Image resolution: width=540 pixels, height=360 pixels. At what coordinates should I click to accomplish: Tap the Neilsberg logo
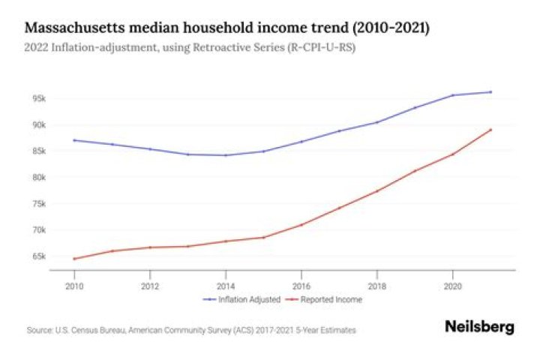click(x=480, y=328)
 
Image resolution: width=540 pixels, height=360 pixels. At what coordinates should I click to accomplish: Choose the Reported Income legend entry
click(x=331, y=300)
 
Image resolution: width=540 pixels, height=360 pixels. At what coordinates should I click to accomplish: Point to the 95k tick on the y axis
click(x=39, y=98)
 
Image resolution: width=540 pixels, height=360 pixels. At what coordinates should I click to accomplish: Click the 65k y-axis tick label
click(x=39, y=256)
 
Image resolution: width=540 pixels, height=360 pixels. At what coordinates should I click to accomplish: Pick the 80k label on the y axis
click(x=39, y=178)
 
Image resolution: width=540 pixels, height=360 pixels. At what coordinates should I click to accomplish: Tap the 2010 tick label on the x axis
click(x=74, y=286)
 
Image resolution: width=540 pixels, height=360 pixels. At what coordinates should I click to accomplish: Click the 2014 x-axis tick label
click(x=226, y=286)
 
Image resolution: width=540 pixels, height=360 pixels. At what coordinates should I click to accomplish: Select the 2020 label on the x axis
click(x=452, y=286)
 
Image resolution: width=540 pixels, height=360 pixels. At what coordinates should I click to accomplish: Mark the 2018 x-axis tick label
click(x=376, y=286)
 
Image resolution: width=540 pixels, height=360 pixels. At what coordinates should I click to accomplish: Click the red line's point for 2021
click(x=490, y=130)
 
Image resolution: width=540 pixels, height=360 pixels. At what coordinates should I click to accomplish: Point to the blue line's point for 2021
click(x=490, y=92)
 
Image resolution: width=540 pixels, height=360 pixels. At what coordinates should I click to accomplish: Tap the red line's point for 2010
click(x=74, y=259)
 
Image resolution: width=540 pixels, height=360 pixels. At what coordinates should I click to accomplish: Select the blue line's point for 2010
click(x=74, y=140)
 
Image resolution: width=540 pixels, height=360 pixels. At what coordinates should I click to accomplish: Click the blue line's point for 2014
click(x=226, y=155)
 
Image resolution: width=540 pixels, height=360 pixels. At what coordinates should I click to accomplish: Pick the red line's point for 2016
click(x=301, y=224)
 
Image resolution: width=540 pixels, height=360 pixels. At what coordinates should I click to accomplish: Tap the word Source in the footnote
click(x=37, y=330)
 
